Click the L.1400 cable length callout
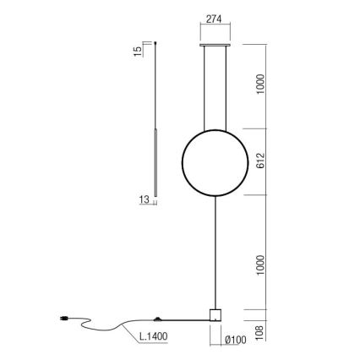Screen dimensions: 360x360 (154, 335)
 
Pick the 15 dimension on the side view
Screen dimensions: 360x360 (137, 51)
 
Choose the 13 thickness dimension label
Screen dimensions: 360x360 (144, 199)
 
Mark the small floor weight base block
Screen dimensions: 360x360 (215, 314)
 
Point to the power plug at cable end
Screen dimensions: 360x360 (64, 319)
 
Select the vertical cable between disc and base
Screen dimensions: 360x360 (215, 254)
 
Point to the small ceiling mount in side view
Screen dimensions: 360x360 (156, 41)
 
